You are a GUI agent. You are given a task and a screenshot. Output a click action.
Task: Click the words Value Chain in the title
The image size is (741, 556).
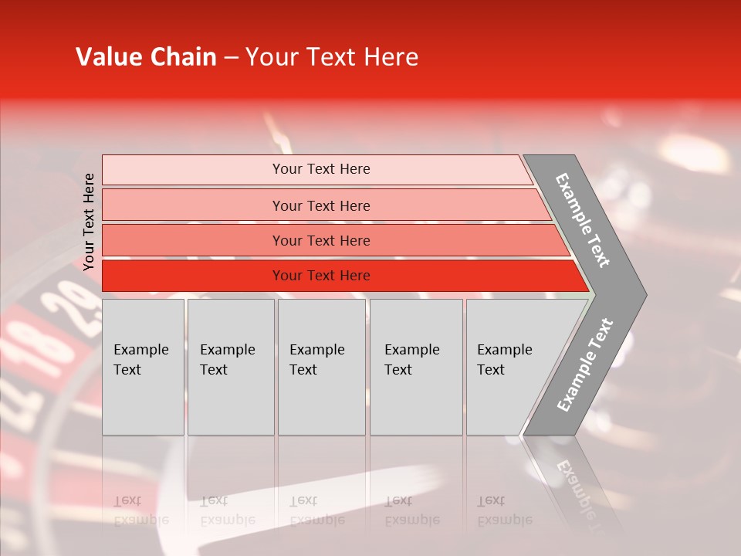(x=146, y=57)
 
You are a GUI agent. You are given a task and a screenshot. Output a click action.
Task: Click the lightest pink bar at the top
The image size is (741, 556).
(x=320, y=169)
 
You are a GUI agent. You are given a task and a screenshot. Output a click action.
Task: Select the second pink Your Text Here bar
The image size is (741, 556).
(x=320, y=205)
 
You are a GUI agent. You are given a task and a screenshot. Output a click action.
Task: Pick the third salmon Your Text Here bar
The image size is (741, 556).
(x=320, y=240)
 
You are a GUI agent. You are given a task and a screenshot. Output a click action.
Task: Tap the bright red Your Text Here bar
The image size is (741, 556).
(x=320, y=276)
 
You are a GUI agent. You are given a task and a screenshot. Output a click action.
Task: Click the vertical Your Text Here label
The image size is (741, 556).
(x=89, y=221)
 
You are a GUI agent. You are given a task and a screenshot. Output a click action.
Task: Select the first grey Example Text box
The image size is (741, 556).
(x=143, y=366)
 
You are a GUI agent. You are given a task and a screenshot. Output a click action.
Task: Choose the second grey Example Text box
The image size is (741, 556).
(x=231, y=366)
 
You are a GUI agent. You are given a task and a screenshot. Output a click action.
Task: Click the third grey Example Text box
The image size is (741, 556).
(x=321, y=366)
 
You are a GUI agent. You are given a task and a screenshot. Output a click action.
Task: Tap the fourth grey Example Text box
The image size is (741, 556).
(x=416, y=366)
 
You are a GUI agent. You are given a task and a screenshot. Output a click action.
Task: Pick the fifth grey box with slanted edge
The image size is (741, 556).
(x=509, y=366)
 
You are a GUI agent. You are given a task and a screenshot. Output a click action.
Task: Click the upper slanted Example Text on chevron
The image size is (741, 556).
(x=583, y=220)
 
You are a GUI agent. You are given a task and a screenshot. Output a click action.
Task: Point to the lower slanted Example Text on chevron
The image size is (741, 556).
(x=584, y=364)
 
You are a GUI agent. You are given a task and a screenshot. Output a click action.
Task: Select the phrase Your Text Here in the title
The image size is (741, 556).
(x=331, y=57)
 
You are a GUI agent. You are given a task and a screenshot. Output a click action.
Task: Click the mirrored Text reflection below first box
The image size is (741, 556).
(x=127, y=500)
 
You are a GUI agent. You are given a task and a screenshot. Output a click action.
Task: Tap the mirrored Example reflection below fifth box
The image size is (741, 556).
(x=505, y=520)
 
